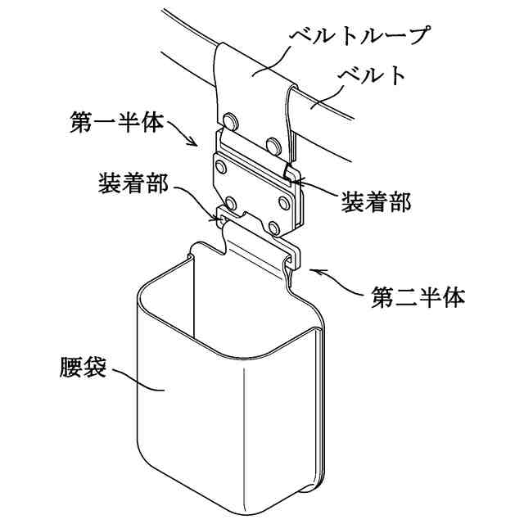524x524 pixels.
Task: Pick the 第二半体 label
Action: [418, 295]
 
